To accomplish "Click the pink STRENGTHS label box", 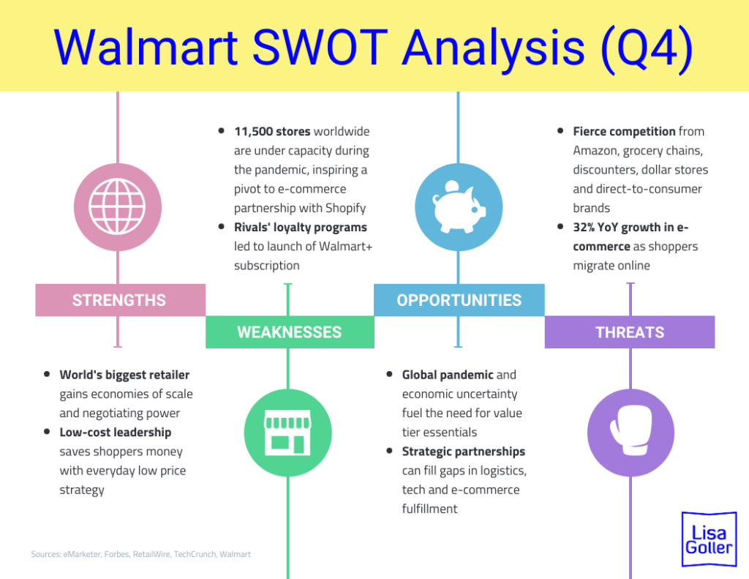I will click(x=120, y=300).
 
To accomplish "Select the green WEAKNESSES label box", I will click(x=290, y=332).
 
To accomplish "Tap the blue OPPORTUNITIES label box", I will click(x=459, y=300).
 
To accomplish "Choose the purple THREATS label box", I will click(x=629, y=332).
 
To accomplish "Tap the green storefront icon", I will click(x=287, y=432).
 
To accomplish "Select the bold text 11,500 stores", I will click(x=272, y=132).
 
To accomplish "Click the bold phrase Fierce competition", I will click(x=624, y=132).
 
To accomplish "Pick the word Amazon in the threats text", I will click(x=598, y=151).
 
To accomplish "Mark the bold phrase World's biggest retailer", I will click(x=124, y=375).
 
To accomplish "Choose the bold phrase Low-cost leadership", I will click(x=116, y=433).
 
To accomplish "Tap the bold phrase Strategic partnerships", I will click(x=464, y=452).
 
